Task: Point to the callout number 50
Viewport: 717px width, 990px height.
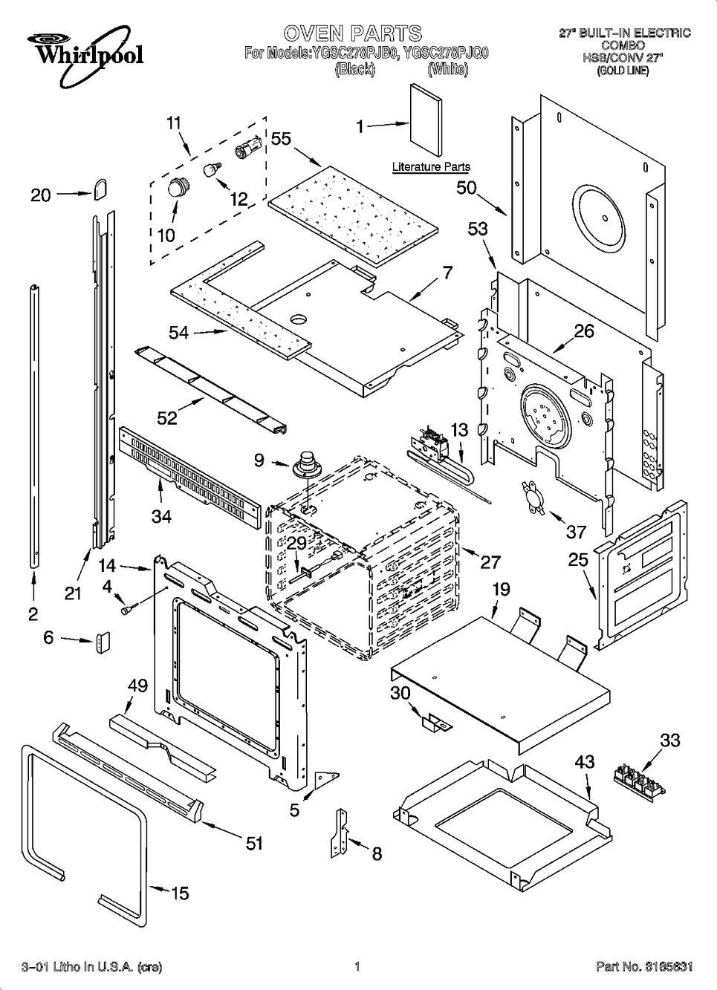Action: pyautogui.click(x=466, y=188)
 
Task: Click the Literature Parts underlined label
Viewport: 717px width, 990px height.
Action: pyautogui.click(x=431, y=167)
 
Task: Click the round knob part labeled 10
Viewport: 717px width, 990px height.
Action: pyautogui.click(x=177, y=187)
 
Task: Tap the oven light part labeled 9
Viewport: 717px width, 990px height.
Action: pyautogui.click(x=303, y=464)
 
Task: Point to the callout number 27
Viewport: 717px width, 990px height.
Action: pyautogui.click(x=490, y=561)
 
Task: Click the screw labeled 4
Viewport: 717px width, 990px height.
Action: pyautogui.click(x=127, y=609)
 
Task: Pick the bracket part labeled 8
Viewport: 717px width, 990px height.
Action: pyautogui.click(x=343, y=835)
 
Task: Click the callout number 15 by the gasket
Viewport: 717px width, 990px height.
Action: pyautogui.click(x=180, y=893)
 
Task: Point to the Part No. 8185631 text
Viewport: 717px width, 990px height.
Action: pyautogui.click(x=644, y=967)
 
